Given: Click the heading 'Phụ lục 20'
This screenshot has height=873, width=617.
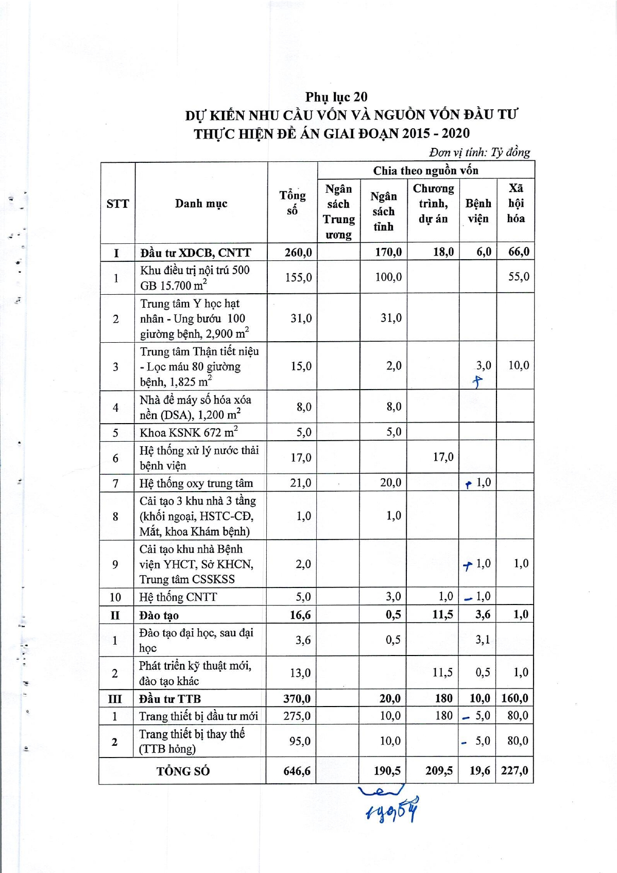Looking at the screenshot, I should pos(336,97).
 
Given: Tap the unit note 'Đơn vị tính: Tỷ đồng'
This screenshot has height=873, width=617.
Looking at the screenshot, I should pos(479,153).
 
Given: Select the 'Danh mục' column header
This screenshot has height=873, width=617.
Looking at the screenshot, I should pos(201,204).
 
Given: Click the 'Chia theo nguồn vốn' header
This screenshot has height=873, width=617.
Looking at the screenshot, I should pos(425,171).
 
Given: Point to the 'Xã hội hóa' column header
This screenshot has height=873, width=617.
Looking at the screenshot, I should pos(516,204).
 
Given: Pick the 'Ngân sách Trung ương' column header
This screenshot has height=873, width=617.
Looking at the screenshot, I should pos(338,211).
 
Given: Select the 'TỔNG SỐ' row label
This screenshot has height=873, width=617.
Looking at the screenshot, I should pos(183,771).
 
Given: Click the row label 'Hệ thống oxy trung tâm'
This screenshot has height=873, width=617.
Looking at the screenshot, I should pos(196,483).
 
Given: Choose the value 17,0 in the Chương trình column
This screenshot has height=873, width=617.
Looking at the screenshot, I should pos(443,457).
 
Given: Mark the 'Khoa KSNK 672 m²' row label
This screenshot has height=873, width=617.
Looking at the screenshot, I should pos(188,432).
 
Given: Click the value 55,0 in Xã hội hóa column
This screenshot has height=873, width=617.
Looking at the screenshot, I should pos(518,277).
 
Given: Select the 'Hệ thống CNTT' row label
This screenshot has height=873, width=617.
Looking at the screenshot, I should pos(178,597).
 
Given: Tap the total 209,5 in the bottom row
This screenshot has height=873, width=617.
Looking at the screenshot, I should pos(439,770).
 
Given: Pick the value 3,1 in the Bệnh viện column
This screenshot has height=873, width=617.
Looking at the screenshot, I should pos(483,640).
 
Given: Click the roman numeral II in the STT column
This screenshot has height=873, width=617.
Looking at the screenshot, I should pos(115,615).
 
